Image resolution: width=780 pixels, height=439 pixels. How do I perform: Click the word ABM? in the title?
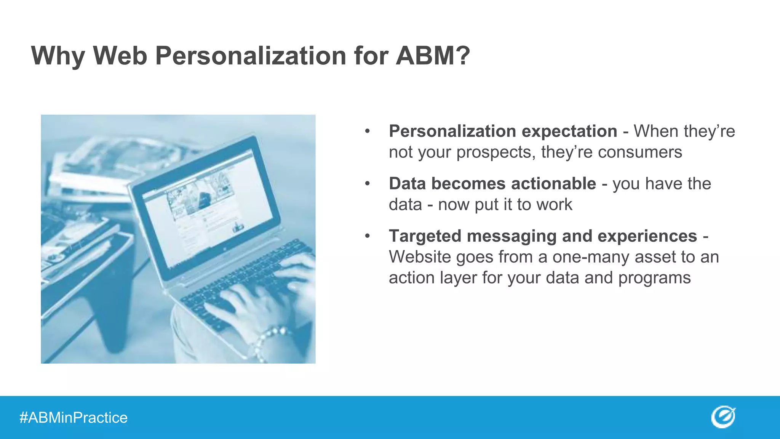[433, 56]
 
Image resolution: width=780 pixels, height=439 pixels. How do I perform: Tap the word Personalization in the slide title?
[251, 56]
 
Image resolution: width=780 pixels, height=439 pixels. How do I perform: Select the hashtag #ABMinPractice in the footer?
[74, 418]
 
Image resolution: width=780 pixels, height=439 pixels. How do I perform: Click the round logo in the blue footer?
[723, 417]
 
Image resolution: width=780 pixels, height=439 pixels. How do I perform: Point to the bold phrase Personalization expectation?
[503, 131]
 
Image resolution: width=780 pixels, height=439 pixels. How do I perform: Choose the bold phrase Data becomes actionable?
[492, 184]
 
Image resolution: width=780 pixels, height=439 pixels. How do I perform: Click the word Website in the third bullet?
[420, 257]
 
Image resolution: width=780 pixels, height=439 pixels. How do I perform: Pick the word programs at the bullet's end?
[654, 278]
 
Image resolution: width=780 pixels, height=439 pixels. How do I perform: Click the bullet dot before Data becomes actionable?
[367, 184]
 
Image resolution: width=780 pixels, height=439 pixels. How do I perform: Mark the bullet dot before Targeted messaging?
[367, 236]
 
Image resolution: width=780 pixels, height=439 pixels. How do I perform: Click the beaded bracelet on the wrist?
[267, 341]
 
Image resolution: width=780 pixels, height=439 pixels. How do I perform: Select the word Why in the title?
[58, 56]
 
